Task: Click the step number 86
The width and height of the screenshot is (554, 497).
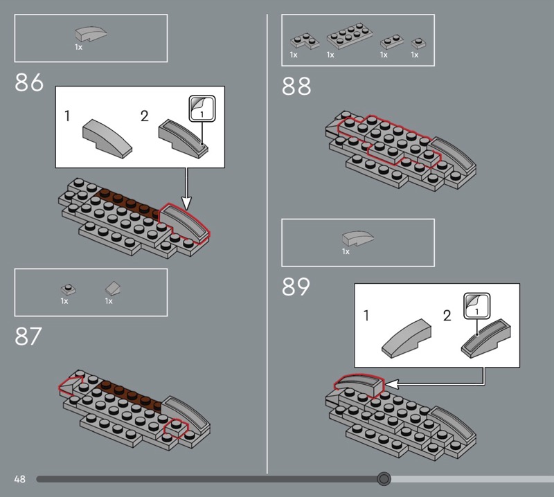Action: pos(29,82)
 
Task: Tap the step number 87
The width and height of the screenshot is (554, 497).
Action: pos(28,336)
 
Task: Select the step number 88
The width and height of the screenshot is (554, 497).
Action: pos(296,87)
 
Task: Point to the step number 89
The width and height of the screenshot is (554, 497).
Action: pos(296,287)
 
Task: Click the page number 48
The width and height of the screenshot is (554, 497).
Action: pos(20,479)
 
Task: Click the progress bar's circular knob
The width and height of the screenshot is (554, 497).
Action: pos(384,478)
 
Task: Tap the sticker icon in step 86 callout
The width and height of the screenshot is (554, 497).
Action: pos(202,109)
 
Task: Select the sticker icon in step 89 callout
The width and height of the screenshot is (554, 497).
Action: pos(476,305)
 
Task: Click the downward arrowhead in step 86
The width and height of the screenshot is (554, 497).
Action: pos(186,204)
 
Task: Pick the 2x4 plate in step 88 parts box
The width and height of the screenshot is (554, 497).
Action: pos(350,36)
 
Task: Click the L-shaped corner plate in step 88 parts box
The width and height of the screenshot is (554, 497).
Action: pos(305,41)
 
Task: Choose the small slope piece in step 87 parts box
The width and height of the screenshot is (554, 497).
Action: pos(113,288)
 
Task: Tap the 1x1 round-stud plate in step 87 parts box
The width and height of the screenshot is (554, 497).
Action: pos(68,289)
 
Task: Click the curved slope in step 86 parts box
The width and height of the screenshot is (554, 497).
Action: pos(91,34)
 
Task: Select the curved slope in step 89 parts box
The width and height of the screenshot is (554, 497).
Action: pos(357,238)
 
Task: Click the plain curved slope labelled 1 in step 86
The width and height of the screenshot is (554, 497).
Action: pos(107,138)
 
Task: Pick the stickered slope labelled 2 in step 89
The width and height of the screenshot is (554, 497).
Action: pos(486,338)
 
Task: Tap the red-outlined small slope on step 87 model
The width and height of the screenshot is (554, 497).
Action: pos(70,385)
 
